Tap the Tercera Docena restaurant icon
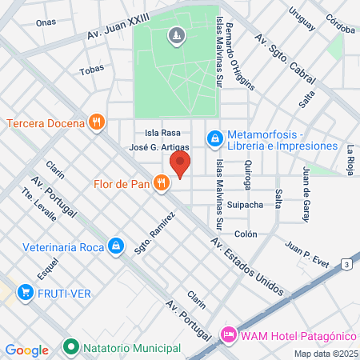(x=96, y=122)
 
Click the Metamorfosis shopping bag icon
(x=214, y=139)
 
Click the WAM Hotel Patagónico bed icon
(x=229, y=332)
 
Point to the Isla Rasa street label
(x=162, y=133)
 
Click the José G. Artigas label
(x=159, y=147)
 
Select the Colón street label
(x=245, y=234)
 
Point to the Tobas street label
(x=91, y=70)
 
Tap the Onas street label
(x=46, y=22)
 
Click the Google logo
(x=27, y=350)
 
